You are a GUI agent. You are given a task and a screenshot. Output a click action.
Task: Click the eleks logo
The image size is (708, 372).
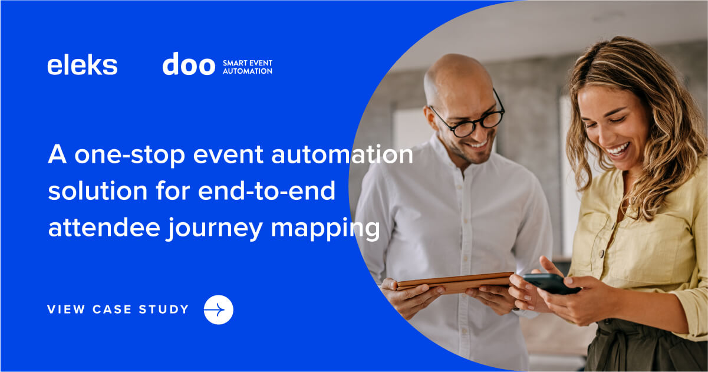[x=82, y=65]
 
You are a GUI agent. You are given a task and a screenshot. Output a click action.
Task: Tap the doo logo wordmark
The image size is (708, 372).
[x=189, y=64]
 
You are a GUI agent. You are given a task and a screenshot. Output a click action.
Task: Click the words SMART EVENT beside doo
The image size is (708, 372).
[x=247, y=61]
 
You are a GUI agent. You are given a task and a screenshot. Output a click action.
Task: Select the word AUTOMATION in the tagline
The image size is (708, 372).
[x=247, y=71]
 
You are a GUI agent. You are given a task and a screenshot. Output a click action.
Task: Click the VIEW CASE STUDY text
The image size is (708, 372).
[x=118, y=310]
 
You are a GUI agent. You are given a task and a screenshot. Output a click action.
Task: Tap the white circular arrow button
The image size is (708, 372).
[x=218, y=310]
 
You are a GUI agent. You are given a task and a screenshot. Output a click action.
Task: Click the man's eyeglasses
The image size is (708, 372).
[x=469, y=119]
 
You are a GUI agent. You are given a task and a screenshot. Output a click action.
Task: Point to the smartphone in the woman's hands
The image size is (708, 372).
[x=551, y=283]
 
